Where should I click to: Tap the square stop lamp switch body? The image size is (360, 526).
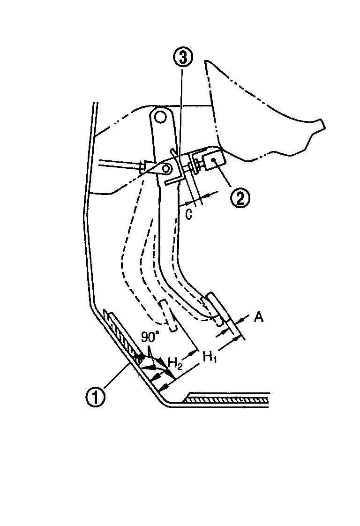213,160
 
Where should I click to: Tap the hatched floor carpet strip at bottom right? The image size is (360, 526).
228,399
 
